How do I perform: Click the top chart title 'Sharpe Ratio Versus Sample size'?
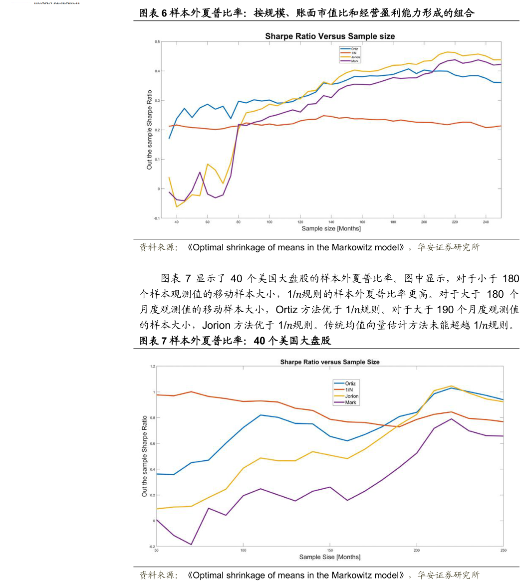click(x=330, y=36)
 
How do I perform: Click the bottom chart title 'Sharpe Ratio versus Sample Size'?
click(x=329, y=362)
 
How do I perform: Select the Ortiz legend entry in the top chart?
click(x=354, y=49)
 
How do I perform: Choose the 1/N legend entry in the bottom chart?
click(x=349, y=390)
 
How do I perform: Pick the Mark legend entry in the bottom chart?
click(x=350, y=402)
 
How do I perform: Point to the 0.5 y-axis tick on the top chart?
click(x=157, y=41)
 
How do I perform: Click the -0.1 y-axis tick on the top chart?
click(x=157, y=218)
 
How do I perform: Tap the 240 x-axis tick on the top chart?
click(x=485, y=222)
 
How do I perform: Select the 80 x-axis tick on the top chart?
click(x=239, y=222)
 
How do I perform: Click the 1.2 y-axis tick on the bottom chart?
click(x=152, y=367)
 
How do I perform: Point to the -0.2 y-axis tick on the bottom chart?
click(x=152, y=547)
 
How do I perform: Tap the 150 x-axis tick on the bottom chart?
click(x=330, y=551)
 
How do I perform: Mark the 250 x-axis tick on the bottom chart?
click(x=503, y=551)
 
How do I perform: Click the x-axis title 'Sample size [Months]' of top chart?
click(x=331, y=229)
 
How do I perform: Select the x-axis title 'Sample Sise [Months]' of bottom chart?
click(x=330, y=557)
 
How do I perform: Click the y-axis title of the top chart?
click(x=149, y=130)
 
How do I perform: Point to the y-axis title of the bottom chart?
click(x=145, y=456)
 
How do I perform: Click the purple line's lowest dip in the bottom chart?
click(x=191, y=545)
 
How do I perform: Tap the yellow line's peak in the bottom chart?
click(x=451, y=386)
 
